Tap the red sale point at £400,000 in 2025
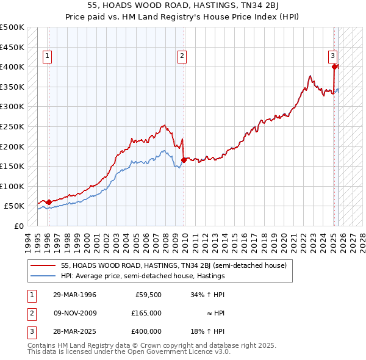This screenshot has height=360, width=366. point(335,67)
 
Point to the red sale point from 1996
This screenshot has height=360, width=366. point(49,202)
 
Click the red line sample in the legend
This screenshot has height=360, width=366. point(43,265)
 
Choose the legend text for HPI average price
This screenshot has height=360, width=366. point(143,276)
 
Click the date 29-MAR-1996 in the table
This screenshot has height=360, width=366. point(75,294)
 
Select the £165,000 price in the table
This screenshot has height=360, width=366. point(147,312)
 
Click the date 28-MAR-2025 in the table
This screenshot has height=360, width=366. point(75,331)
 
